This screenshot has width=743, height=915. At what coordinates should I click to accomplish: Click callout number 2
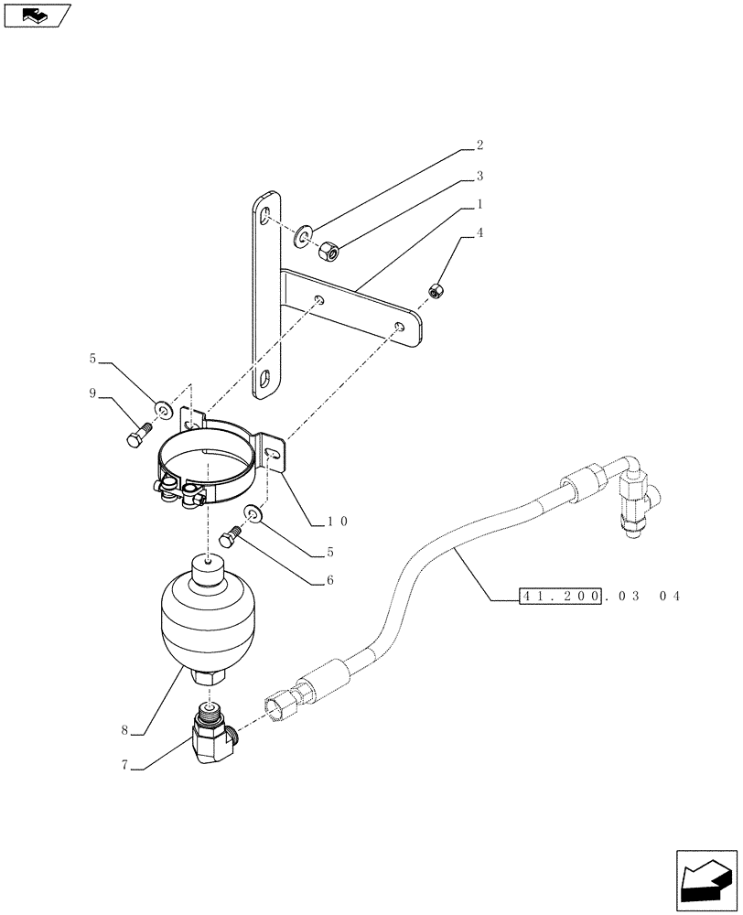click(479, 145)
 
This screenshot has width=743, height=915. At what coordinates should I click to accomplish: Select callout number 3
click(479, 176)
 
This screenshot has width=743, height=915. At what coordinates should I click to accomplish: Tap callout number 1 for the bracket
click(479, 205)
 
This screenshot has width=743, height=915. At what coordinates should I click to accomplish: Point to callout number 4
click(479, 234)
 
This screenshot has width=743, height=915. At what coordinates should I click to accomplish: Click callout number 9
click(92, 393)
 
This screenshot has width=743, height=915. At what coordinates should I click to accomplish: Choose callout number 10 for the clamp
click(338, 522)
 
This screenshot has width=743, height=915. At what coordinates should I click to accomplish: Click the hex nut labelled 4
click(436, 291)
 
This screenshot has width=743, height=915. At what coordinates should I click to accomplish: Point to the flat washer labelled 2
click(303, 239)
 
